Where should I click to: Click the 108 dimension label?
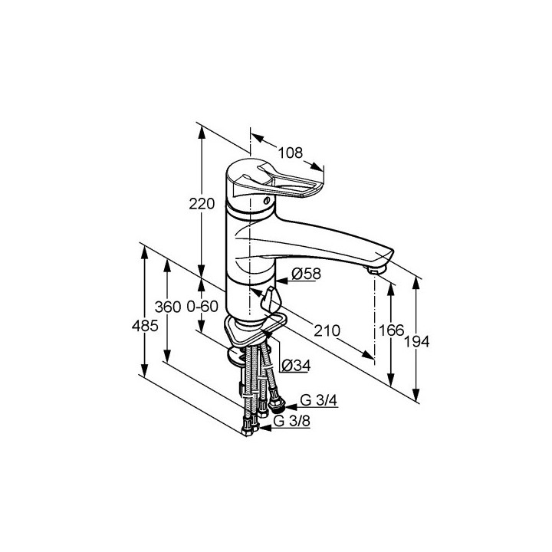click(x=291, y=153)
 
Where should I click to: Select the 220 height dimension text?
click(x=202, y=204)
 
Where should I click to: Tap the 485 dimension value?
click(x=145, y=326)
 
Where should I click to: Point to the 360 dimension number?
click(x=168, y=307)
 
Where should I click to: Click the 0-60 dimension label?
click(x=202, y=307)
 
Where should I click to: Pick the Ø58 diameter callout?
click(x=306, y=274)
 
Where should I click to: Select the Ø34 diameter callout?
click(x=297, y=366)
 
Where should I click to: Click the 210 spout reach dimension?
click(x=327, y=330)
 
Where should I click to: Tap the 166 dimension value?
click(x=391, y=330)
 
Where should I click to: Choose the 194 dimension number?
click(x=416, y=341)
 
